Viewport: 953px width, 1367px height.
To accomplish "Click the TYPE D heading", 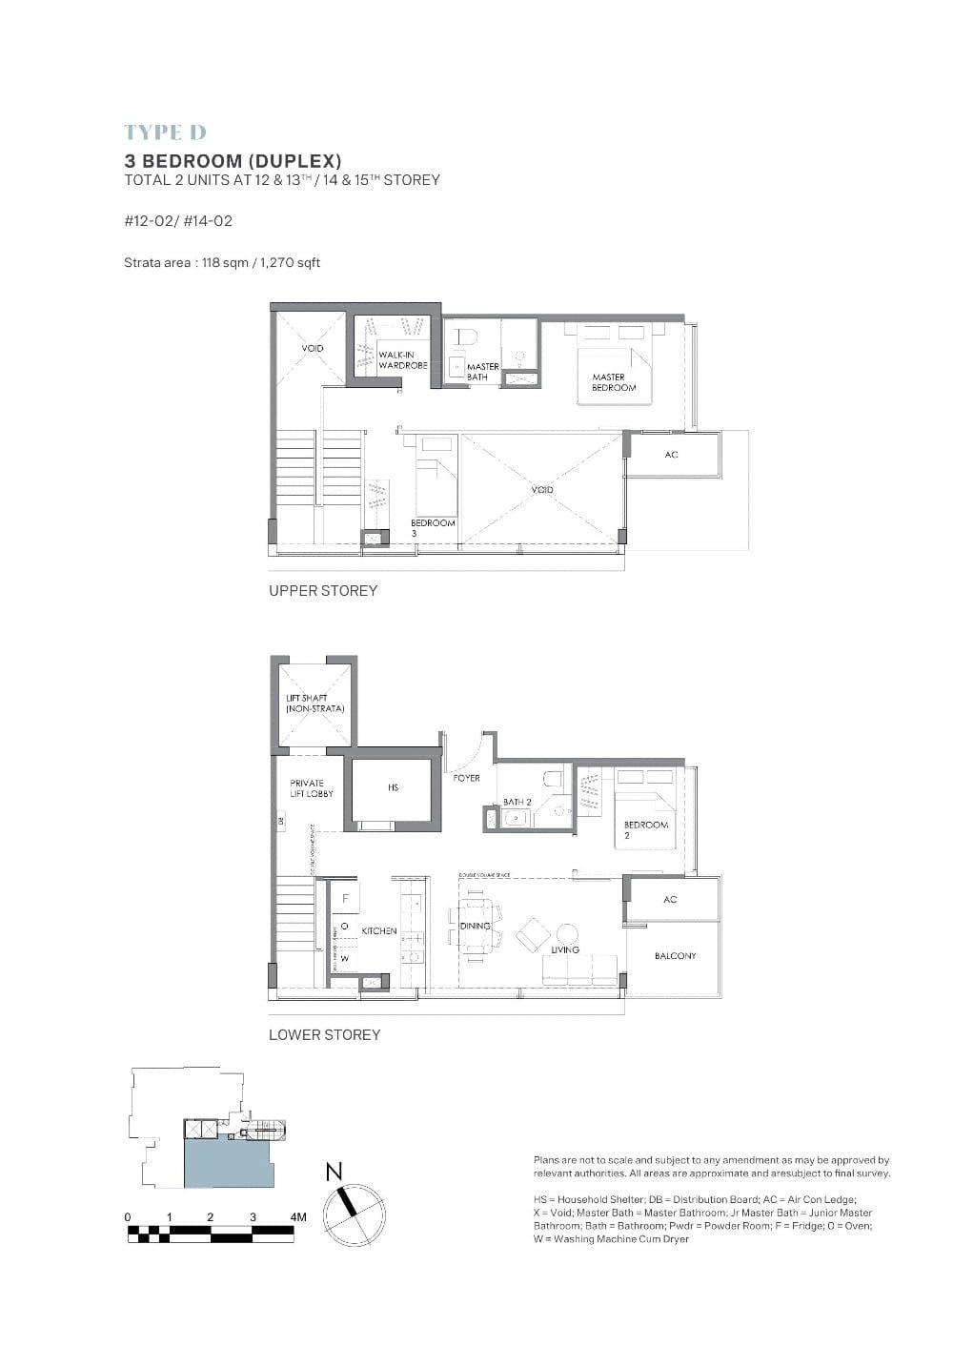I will (x=165, y=133).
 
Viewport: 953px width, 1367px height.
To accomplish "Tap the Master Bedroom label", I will (x=614, y=382).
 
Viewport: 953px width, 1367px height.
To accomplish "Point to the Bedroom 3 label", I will (x=433, y=527).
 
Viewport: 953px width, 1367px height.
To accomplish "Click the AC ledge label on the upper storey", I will (x=671, y=455).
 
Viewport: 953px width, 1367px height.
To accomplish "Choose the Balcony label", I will (x=675, y=955).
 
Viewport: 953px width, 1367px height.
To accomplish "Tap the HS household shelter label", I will (x=393, y=787).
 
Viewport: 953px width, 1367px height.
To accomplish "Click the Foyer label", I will (x=466, y=778).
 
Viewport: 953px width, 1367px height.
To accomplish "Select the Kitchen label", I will (x=379, y=930).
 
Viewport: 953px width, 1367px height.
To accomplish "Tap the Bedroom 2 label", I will (x=645, y=829).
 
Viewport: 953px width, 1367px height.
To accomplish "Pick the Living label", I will (x=565, y=949).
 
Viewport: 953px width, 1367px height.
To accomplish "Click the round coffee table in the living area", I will (x=567, y=933).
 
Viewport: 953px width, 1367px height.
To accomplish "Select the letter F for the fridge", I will (x=345, y=898).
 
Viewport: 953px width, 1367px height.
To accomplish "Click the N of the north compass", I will (x=334, y=1173).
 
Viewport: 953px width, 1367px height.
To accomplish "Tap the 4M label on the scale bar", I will (x=297, y=1216).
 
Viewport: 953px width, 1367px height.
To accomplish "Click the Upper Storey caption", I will (x=323, y=591).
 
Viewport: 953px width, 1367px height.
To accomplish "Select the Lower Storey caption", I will (x=324, y=1035).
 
